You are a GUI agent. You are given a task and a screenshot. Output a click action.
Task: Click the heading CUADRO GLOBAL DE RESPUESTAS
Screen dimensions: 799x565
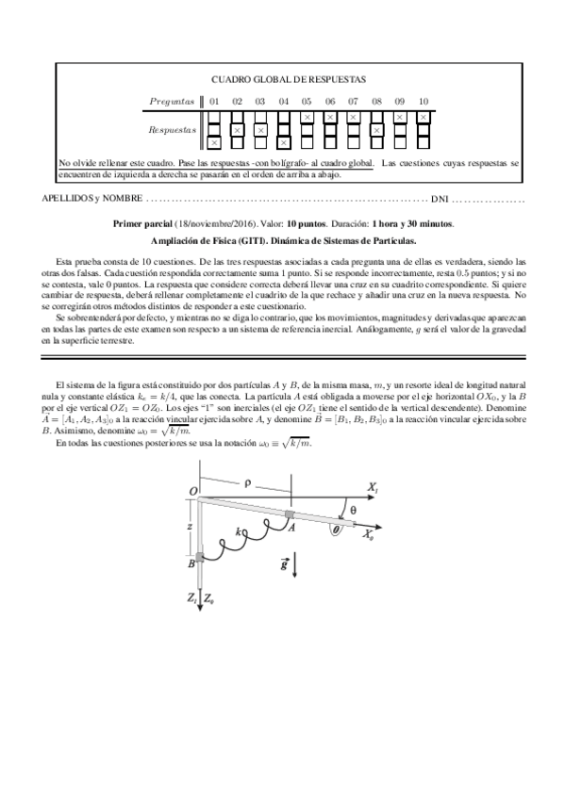(x=288, y=80)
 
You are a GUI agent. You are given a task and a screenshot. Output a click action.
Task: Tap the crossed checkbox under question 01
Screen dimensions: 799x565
(x=214, y=142)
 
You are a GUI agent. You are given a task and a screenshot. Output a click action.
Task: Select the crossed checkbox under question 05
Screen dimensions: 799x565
(x=307, y=117)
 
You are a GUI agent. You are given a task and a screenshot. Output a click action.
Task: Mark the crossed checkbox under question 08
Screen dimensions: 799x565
(x=376, y=130)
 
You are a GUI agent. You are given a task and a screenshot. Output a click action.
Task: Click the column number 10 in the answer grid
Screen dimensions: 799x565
(x=423, y=101)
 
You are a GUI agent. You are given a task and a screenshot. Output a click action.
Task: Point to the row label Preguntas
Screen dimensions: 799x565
(x=173, y=101)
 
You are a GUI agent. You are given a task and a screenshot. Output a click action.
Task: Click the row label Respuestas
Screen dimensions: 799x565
(x=173, y=130)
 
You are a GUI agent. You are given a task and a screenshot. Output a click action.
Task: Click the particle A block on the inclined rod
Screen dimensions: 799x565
(x=291, y=514)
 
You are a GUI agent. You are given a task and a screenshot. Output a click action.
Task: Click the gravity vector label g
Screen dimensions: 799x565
(x=284, y=564)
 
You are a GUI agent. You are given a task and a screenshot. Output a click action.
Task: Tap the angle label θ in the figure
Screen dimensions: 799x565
(x=353, y=509)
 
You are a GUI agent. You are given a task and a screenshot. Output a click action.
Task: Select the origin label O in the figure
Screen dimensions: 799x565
(x=193, y=491)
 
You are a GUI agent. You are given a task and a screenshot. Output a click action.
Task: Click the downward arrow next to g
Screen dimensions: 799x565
(x=297, y=565)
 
